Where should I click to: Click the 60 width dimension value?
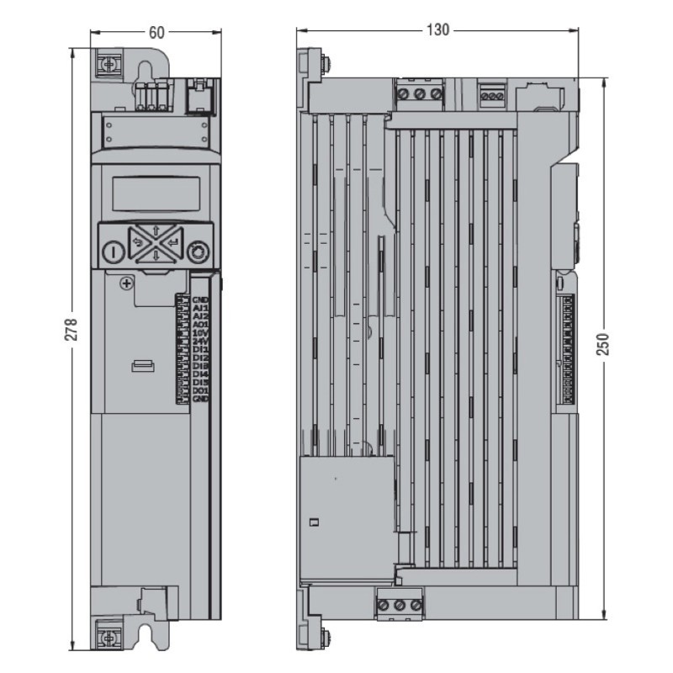[156, 32]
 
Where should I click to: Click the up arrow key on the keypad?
[156, 231]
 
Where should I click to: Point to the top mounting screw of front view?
[109, 63]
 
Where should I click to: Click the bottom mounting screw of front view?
[109, 633]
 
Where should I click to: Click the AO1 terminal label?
[200, 324]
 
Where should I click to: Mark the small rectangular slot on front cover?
[143, 364]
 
